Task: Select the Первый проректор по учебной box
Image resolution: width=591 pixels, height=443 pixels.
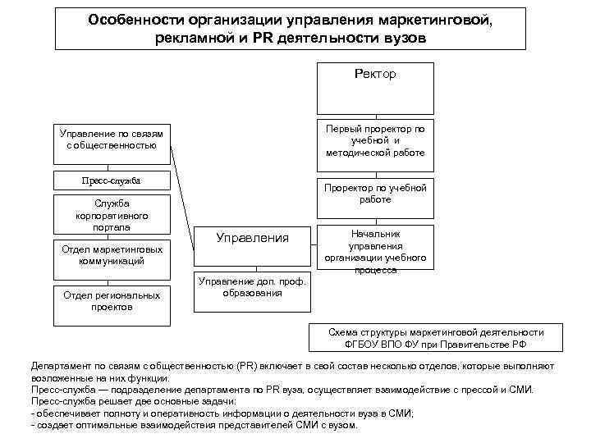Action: (375, 141)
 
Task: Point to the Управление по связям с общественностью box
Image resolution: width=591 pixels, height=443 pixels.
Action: (112, 139)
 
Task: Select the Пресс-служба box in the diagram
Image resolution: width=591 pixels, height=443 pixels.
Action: (111, 180)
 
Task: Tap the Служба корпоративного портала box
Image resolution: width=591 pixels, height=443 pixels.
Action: (111, 214)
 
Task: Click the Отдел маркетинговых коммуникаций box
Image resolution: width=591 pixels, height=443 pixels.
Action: (112, 254)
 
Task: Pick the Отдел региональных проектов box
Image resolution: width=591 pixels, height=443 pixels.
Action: (112, 300)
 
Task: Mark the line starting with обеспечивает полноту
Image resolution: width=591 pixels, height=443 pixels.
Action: (222, 414)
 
